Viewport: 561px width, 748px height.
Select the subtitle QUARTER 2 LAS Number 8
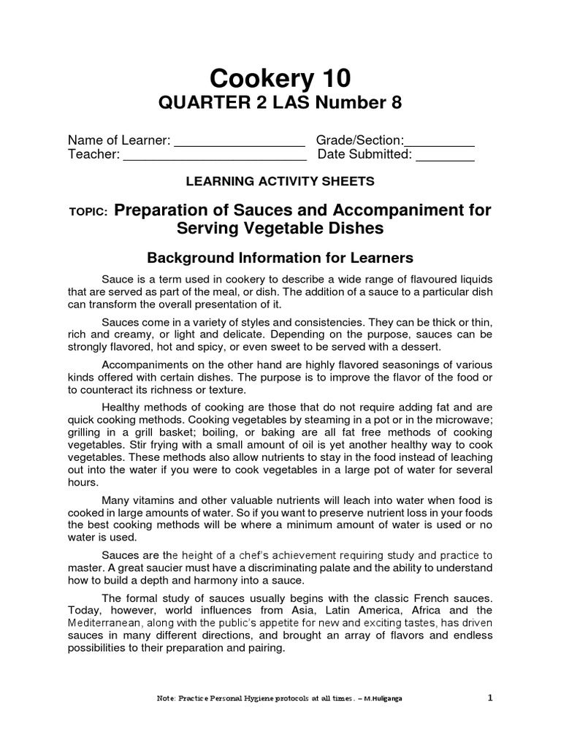(x=280, y=104)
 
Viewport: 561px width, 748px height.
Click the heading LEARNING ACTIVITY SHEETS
(x=280, y=181)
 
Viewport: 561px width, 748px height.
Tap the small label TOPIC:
(x=88, y=212)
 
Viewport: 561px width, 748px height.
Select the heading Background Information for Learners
(x=280, y=258)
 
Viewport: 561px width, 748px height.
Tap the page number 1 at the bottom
(x=491, y=698)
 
